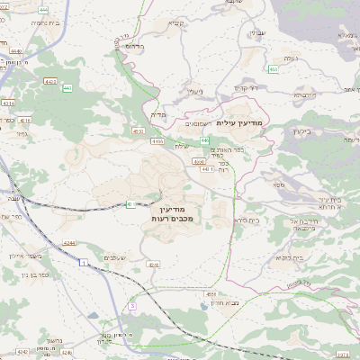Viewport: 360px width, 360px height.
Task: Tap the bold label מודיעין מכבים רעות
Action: [x=169, y=214]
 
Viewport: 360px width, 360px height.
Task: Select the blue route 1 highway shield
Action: [x=82, y=262]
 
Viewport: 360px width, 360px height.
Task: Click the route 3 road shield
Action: [x=131, y=306]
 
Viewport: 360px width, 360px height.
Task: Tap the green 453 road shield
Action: [x=272, y=68]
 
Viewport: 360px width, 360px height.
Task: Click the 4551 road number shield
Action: [x=211, y=294]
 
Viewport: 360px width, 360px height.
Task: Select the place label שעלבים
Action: [x=114, y=257]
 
